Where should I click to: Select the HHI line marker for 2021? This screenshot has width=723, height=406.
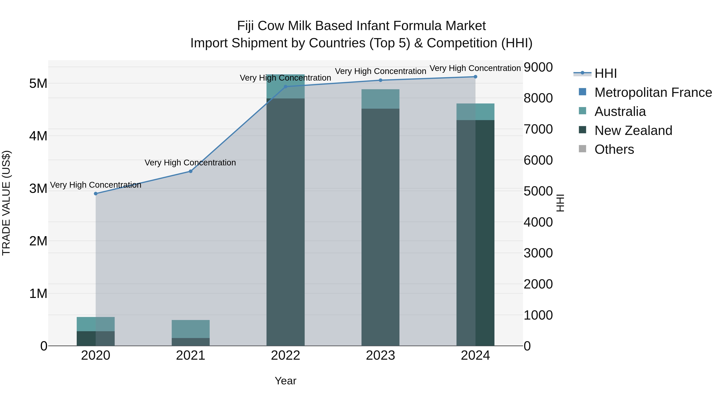[190, 171]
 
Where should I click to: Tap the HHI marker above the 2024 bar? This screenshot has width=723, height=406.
[475, 77]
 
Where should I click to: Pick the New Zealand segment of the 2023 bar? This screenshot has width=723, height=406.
[380, 227]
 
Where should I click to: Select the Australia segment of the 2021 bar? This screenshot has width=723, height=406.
[190, 329]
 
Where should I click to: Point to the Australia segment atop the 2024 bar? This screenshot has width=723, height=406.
[475, 112]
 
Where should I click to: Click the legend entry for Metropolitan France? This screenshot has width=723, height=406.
[653, 92]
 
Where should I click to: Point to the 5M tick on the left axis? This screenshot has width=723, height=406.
[38, 83]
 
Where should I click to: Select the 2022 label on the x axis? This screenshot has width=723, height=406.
[285, 355]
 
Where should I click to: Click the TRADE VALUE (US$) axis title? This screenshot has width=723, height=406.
[6, 203]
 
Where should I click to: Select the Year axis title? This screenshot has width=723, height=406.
[285, 381]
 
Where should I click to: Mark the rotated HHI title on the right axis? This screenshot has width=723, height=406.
[560, 203]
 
